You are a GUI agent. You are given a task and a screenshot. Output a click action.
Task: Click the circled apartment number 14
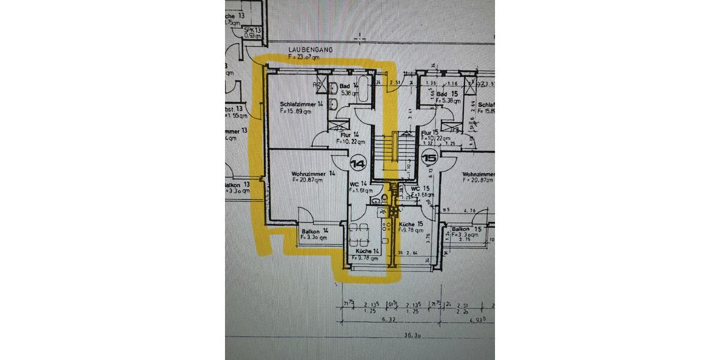pos(358,163)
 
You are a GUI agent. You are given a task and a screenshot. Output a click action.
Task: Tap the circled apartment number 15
pos(430,159)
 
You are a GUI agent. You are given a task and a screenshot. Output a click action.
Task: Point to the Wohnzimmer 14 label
pos(314,173)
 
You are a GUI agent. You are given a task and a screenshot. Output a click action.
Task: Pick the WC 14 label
pos(359,184)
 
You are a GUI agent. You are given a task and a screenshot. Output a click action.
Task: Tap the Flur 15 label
pos(430,133)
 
